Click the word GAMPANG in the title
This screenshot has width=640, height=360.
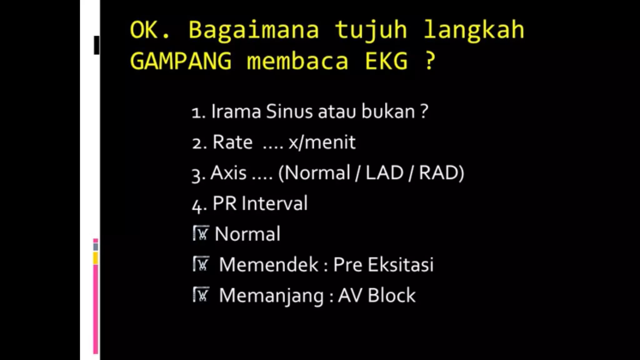click(181, 61)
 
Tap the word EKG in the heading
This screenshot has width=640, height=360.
click(386, 61)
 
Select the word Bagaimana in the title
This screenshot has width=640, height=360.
click(253, 30)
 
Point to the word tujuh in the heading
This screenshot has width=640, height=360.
click(371, 30)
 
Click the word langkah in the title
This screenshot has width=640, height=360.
click(474, 30)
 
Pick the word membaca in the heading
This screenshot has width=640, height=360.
click(297, 61)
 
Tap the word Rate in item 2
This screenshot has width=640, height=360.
click(232, 142)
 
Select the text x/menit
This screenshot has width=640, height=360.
click(322, 142)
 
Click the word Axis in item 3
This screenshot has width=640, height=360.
click(228, 173)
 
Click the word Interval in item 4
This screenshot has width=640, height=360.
click(275, 203)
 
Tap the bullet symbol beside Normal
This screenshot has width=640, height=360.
click(201, 233)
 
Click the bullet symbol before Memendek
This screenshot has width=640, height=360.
click(201, 264)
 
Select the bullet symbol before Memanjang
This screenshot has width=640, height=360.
click(201, 295)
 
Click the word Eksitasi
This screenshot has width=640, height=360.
click(400, 265)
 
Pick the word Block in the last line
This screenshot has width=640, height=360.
click(392, 295)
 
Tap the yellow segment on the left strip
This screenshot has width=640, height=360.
click(96, 258)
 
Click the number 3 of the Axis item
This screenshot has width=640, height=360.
click(196, 175)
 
